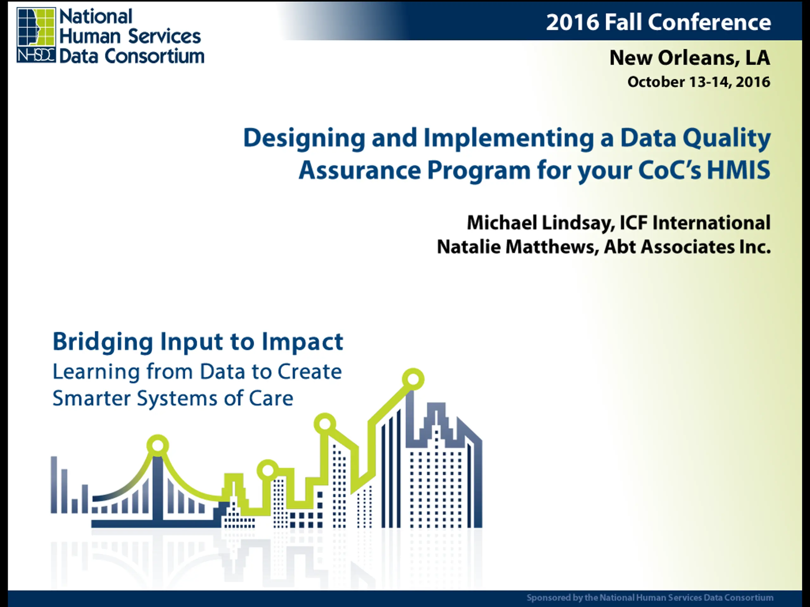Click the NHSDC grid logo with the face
36,35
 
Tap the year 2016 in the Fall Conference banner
572,22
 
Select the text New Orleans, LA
689,58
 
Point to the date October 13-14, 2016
699,82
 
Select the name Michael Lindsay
541,223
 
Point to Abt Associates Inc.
687,247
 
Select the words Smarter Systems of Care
173,398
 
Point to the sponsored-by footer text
650,598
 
